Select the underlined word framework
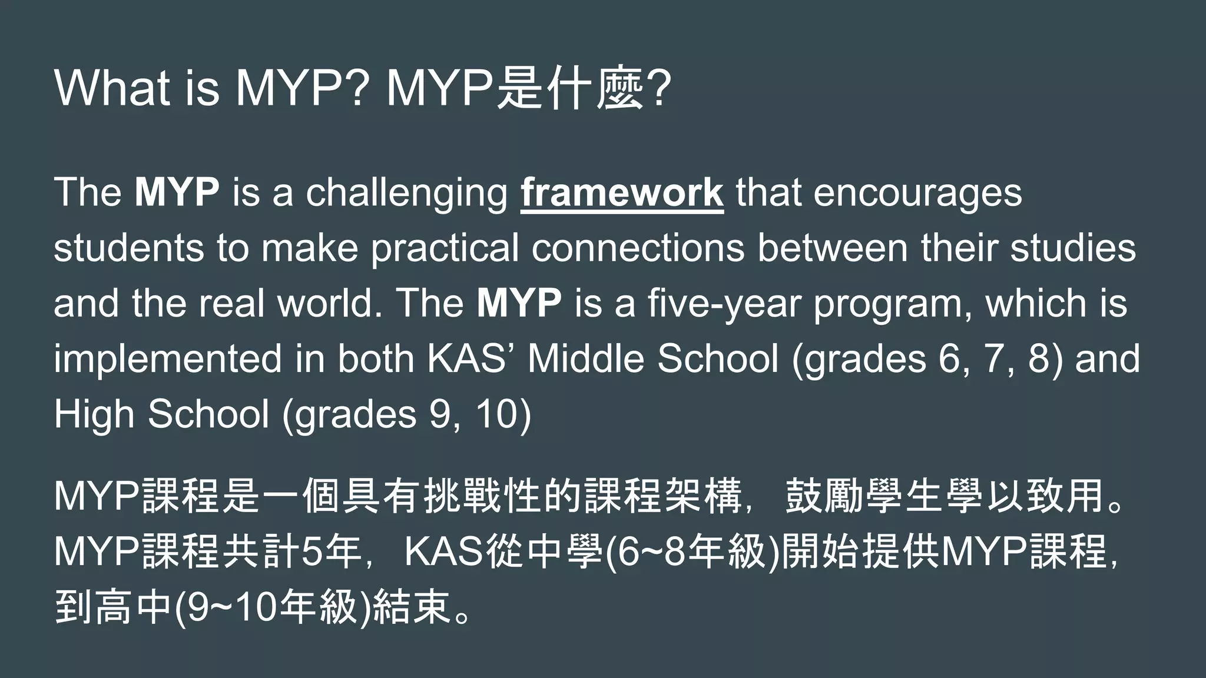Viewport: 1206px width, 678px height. click(622, 192)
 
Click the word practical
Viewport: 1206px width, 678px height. click(445, 248)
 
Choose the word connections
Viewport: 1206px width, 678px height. click(638, 247)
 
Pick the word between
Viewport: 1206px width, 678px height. click(832, 247)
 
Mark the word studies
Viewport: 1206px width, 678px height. click(1073, 247)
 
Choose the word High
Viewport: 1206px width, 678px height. click(94, 414)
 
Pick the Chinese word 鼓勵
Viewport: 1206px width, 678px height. click(824, 496)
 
